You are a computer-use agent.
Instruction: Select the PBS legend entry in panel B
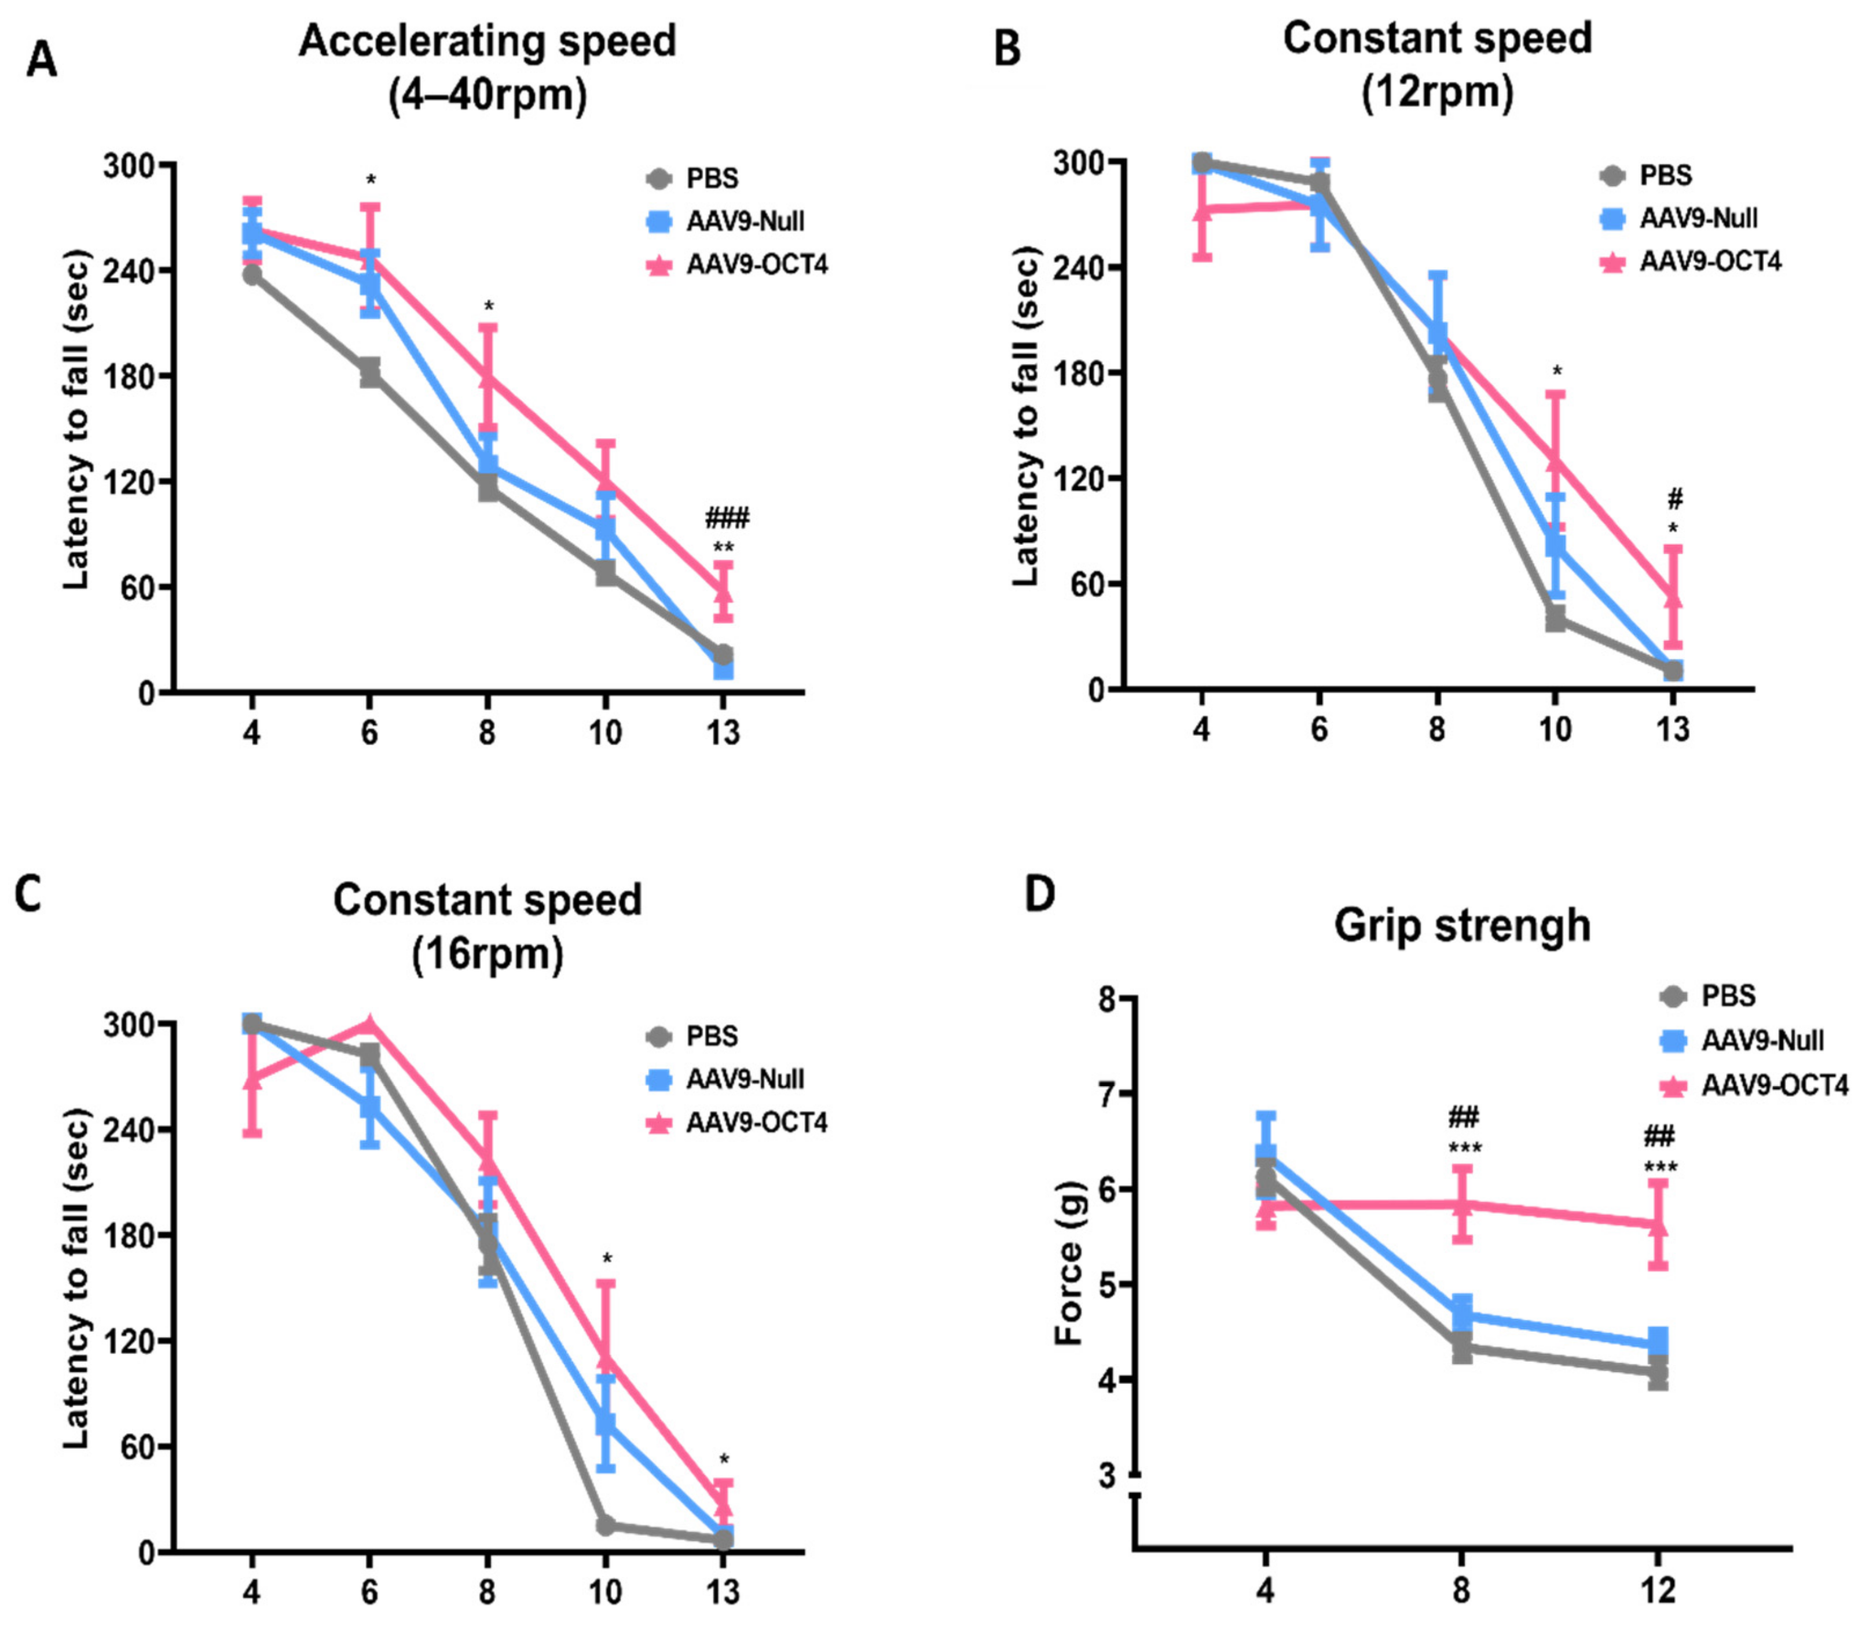coord(1648,175)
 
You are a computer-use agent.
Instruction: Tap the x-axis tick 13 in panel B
coord(1673,729)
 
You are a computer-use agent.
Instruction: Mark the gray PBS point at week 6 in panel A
coord(369,371)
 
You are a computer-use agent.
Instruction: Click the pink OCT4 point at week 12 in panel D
coord(1658,1224)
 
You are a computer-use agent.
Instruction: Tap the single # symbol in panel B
coord(1676,498)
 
